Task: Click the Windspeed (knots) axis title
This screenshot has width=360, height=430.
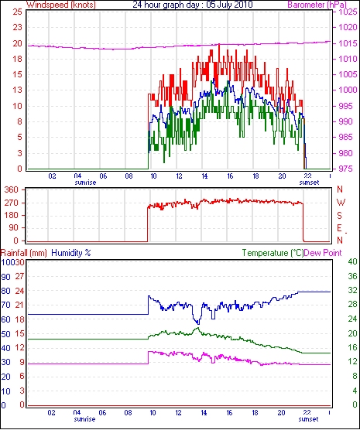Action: click(x=61, y=5)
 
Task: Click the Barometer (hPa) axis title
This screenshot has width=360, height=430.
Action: click(x=317, y=5)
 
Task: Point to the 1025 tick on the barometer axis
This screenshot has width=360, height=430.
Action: click(x=348, y=12)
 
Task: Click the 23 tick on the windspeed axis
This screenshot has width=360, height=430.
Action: click(x=17, y=27)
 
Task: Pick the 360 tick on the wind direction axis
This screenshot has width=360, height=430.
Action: click(x=12, y=189)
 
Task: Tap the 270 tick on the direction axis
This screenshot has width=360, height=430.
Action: click(x=12, y=203)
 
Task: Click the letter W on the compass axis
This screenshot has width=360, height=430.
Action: click(x=341, y=203)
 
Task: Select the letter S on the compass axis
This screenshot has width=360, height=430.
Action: click(x=340, y=216)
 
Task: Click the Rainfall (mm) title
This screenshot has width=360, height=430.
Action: click(x=24, y=253)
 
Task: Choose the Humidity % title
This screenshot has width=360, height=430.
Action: click(x=71, y=253)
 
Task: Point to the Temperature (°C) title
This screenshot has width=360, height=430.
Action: click(x=273, y=253)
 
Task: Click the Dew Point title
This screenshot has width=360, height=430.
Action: click(x=323, y=253)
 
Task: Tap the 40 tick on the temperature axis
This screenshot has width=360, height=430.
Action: click(x=352, y=261)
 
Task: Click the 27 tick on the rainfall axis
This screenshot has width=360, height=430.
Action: click(x=19, y=276)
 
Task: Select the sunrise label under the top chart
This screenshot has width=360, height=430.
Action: click(x=85, y=183)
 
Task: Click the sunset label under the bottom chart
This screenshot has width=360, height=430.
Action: click(x=308, y=419)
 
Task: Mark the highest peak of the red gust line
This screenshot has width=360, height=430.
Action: click(x=219, y=44)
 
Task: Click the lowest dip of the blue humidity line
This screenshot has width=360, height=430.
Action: click(x=198, y=324)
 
